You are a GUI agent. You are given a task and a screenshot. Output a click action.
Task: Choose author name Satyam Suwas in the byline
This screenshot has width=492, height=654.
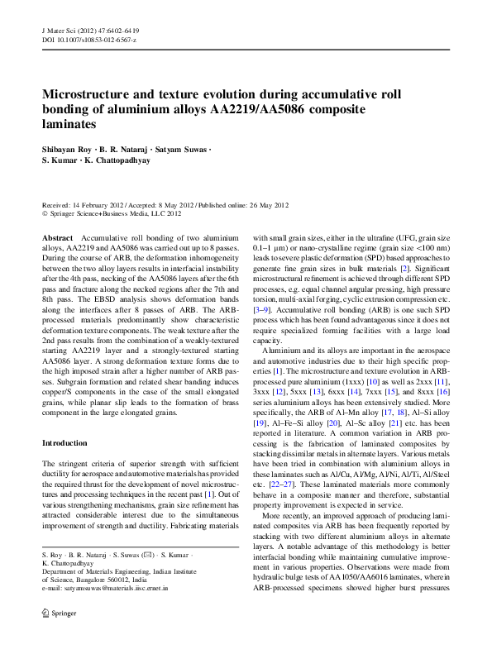point(181,149)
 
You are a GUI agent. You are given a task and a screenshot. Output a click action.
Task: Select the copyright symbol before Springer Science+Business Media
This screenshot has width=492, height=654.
point(45,213)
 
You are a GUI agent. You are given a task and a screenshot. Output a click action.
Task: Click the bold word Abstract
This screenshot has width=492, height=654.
point(57,237)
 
